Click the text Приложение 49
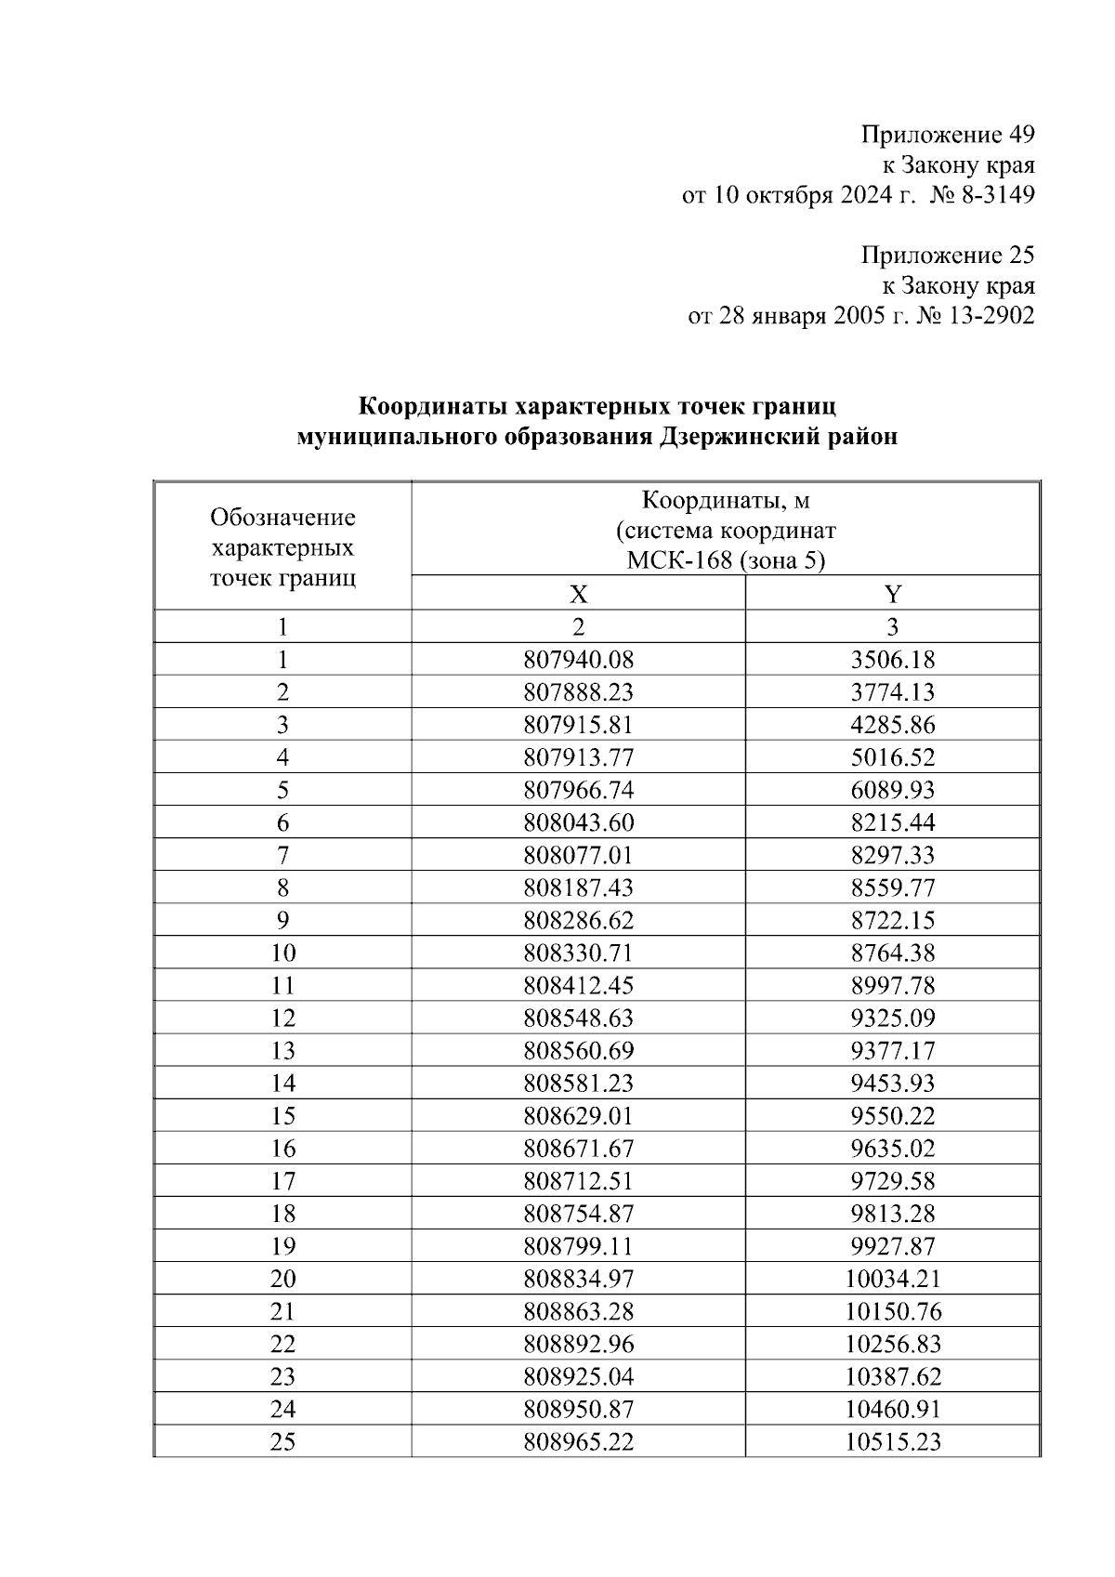click(x=948, y=136)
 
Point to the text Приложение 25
click(x=948, y=256)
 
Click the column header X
click(x=578, y=595)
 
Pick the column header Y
click(x=893, y=595)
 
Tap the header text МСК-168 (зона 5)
click(x=726, y=561)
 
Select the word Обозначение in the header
click(x=282, y=518)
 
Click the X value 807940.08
click(x=578, y=661)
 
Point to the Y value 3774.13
click(x=893, y=693)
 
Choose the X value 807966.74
click(x=578, y=791)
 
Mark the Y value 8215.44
click(x=893, y=823)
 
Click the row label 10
click(x=282, y=953)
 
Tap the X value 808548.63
click(x=578, y=1018)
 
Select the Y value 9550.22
click(x=893, y=1116)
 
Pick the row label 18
click(x=282, y=1214)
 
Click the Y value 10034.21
click(x=893, y=1280)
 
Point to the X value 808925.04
click(x=578, y=1377)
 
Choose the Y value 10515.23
click(x=893, y=1442)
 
